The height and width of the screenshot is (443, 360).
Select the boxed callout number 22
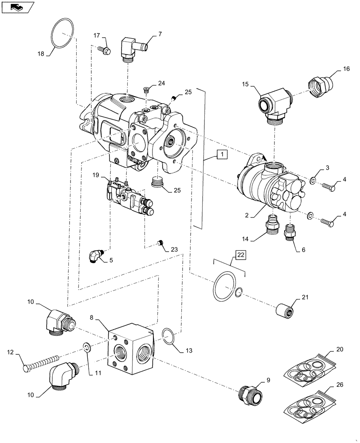(x=240, y=254)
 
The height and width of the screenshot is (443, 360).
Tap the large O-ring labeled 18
(x=62, y=32)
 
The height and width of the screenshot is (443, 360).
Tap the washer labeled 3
(x=313, y=181)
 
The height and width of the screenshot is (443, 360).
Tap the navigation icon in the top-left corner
(x=17, y=7)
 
